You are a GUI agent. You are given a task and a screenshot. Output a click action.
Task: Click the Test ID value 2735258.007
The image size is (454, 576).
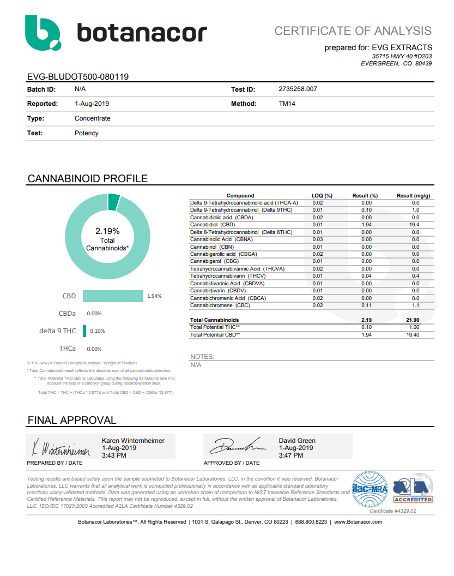(x=298, y=89)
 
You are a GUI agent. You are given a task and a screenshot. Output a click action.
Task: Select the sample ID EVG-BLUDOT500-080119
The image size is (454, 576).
(x=78, y=77)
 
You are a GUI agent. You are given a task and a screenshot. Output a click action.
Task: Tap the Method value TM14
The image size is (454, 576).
(x=287, y=104)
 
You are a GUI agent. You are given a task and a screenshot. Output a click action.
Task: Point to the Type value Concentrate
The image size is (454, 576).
(x=93, y=118)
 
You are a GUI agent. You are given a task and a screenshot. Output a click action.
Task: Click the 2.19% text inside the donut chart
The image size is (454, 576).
(x=107, y=231)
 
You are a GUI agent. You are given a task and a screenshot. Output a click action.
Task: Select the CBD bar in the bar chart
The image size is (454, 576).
(x=113, y=296)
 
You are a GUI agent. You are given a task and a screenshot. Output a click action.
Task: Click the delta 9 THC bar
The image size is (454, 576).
(x=84, y=331)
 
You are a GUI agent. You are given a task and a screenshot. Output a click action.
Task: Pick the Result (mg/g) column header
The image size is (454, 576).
(x=413, y=195)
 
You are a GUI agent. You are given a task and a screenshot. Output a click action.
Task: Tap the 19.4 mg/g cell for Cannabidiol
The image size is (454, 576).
(x=415, y=225)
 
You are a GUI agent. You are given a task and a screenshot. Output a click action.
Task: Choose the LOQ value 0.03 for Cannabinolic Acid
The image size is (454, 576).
(x=318, y=239)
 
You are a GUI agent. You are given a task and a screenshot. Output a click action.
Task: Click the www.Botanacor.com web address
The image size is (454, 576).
(x=358, y=522)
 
